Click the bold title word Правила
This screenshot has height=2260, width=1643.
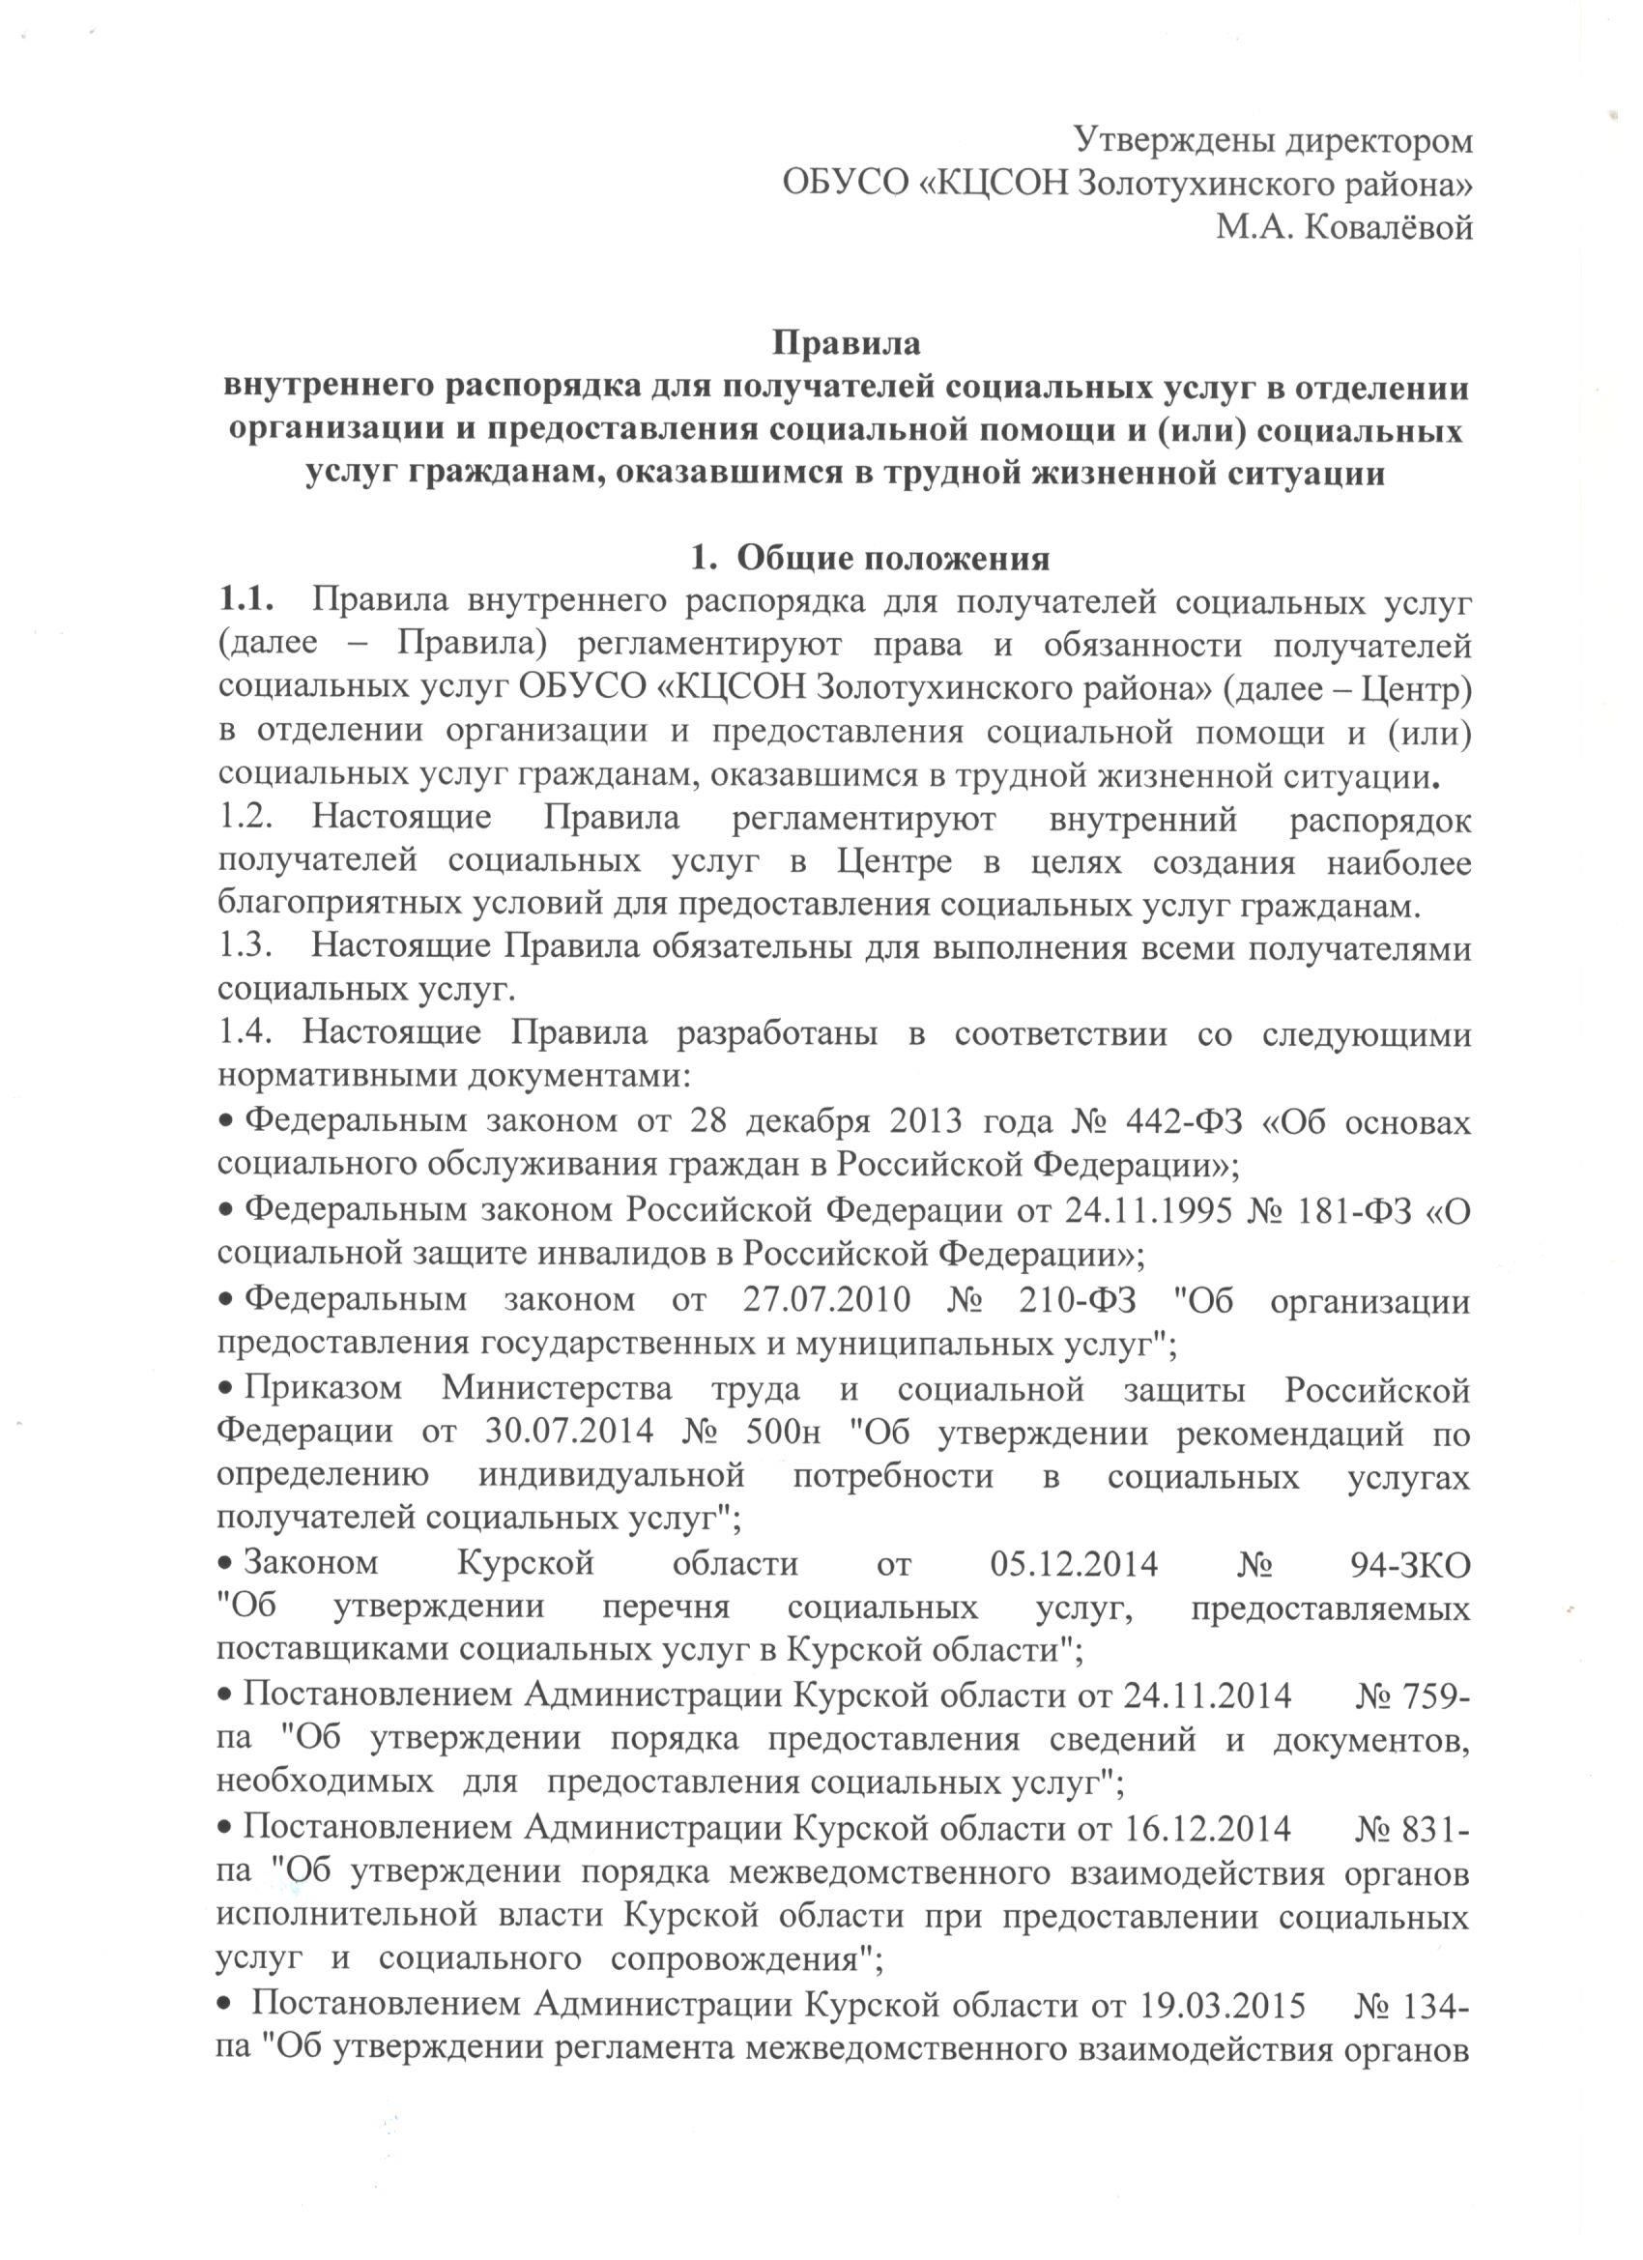(847, 343)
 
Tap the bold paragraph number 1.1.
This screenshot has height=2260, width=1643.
(245, 601)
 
